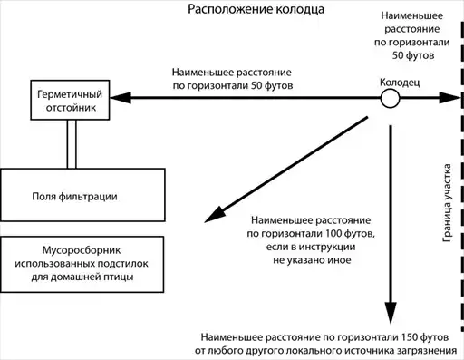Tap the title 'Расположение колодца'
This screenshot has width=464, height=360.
pos(256,9)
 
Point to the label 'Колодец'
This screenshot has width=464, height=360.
pos(400,83)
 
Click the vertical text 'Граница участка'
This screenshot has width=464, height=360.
pos(447,203)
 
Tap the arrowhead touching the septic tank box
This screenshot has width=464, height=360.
pos(121,98)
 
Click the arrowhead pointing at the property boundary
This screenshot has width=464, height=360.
pos(449,98)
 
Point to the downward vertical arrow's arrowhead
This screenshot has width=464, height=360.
pos(391,313)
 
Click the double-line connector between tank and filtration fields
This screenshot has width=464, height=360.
pos(72,144)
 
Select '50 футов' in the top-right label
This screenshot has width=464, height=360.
pos(413,55)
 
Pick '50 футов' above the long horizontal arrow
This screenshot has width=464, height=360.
pos(272,85)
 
